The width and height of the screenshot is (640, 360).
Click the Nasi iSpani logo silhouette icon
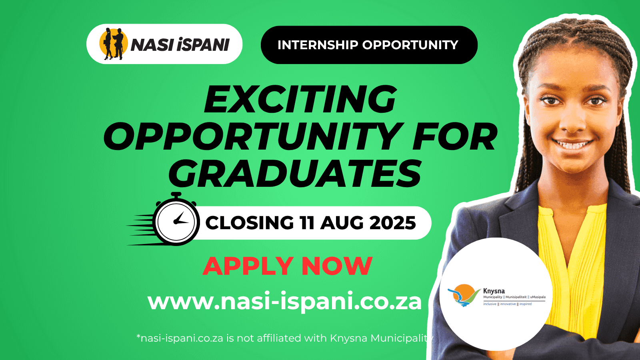coord(113,44)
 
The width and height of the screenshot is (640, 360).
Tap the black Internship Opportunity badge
coord(369,45)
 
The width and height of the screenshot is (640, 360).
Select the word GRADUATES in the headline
coord(295,174)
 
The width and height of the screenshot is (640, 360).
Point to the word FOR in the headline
coord(455,137)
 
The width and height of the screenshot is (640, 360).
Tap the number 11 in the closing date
coord(307,223)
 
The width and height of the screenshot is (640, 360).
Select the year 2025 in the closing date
coord(392,223)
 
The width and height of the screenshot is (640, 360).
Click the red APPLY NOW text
coord(288,266)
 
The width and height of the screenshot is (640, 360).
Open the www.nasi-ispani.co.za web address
coord(284,301)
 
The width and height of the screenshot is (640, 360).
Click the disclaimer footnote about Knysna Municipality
coord(285,338)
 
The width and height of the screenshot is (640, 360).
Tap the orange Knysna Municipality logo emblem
coord(464,295)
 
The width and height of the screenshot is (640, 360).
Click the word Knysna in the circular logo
coord(494,291)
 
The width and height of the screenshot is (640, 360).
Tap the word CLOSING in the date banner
coord(250,223)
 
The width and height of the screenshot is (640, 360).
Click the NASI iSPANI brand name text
coord(180,45)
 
